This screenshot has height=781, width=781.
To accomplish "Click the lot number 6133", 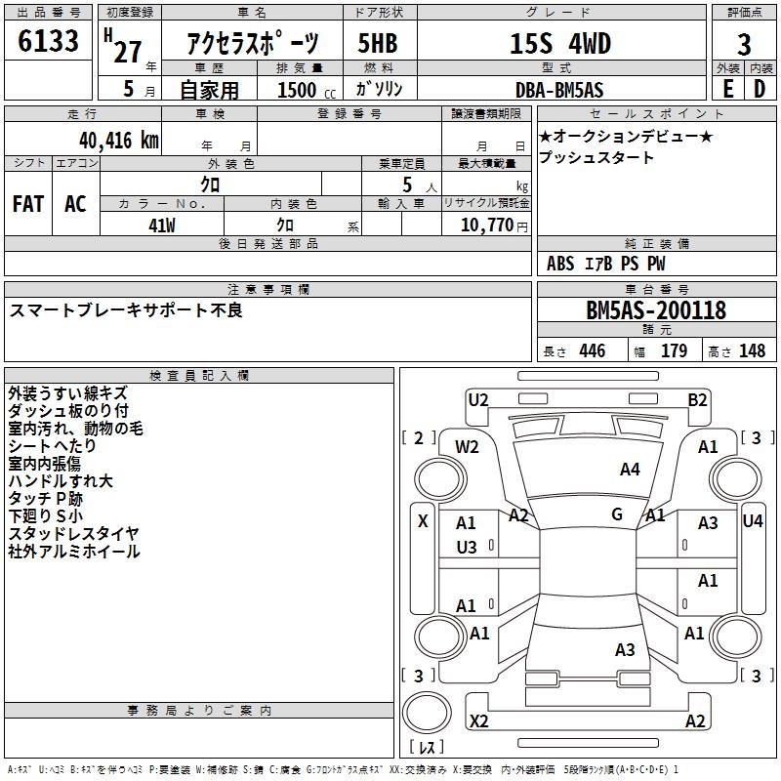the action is tap(48, 40).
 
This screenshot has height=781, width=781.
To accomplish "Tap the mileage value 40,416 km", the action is tap(119, 141).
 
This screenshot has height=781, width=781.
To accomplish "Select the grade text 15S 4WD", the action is tap(560, 43).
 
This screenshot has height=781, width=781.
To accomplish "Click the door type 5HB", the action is tap(378, 43).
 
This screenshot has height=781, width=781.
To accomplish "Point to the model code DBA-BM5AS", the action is tap(559, 90).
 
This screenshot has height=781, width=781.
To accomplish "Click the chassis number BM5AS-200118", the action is tap(656, 310).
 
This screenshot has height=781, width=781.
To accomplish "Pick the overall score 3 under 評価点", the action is tap(744, 44).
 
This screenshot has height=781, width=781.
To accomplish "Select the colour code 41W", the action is tap(162, 226).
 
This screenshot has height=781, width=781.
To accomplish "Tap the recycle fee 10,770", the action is tap(487, 226).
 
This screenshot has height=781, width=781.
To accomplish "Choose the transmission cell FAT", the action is tap(28, 204).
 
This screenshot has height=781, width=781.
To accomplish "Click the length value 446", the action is tap(593, 350).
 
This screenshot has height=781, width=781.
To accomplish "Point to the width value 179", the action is tap(674, 350).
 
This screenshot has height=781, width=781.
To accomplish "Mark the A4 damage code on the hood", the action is tap(630, 470).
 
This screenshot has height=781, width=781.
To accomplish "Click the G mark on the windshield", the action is tap(617, 514).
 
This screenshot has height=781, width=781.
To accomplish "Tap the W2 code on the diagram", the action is tap(467, 447).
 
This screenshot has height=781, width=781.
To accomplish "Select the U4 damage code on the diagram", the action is tap(753, 521).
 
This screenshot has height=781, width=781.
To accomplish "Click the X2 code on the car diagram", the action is tap(479, 721).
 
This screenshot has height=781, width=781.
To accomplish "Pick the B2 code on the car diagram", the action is tap(697, 400).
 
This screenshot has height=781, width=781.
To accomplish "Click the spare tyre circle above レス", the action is tap(427, 713).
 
